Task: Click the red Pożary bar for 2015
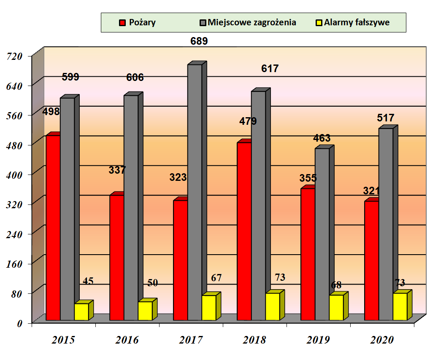[x=53, y=228]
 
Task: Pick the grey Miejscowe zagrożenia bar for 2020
[x=386, y=224]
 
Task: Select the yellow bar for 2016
[x=145, y=311]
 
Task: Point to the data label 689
[x=198, y=41]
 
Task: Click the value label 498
[x=51, y=112]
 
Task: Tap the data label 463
[x=322, y=138]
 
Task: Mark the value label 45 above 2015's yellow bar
[x=88, y=281]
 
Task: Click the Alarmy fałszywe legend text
[x=357, y=23]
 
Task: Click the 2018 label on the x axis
[x=254, y=340]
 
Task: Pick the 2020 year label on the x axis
[x=382, y=340]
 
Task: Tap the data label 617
[x=270, y=69]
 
